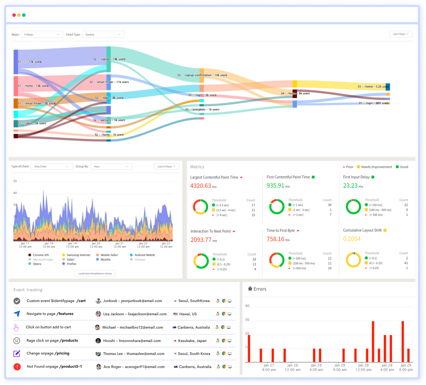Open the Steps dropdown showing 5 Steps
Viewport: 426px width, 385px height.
tap(42, 34)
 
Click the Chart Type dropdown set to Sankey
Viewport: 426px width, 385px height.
tap(103, 34)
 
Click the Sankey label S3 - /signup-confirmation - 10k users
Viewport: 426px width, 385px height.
tap(202, 75)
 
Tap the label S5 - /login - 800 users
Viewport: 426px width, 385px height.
tap(374, 103)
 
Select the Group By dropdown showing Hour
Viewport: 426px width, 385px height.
tap(111, 166)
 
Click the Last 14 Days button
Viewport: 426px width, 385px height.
tap(166, 166)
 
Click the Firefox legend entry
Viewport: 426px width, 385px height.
tap(71, 264)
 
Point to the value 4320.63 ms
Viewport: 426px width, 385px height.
tap(203, 186)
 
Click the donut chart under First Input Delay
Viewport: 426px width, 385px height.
tap(353, 207)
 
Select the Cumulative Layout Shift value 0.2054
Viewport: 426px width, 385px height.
tap(352, 239)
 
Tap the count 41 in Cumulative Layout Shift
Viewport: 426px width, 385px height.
tap(406, 263)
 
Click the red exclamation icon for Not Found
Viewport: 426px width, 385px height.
tap(17, 367)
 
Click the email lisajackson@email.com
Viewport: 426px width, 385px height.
tap(147, 314)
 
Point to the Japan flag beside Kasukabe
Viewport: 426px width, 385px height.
tap(175, 341)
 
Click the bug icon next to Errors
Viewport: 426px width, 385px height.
tap(250, 289)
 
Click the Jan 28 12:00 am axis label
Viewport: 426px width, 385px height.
tap(293, 367)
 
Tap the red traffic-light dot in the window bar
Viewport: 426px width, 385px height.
tap(14, 15)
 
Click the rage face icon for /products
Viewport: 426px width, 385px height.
tap(17, 340)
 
